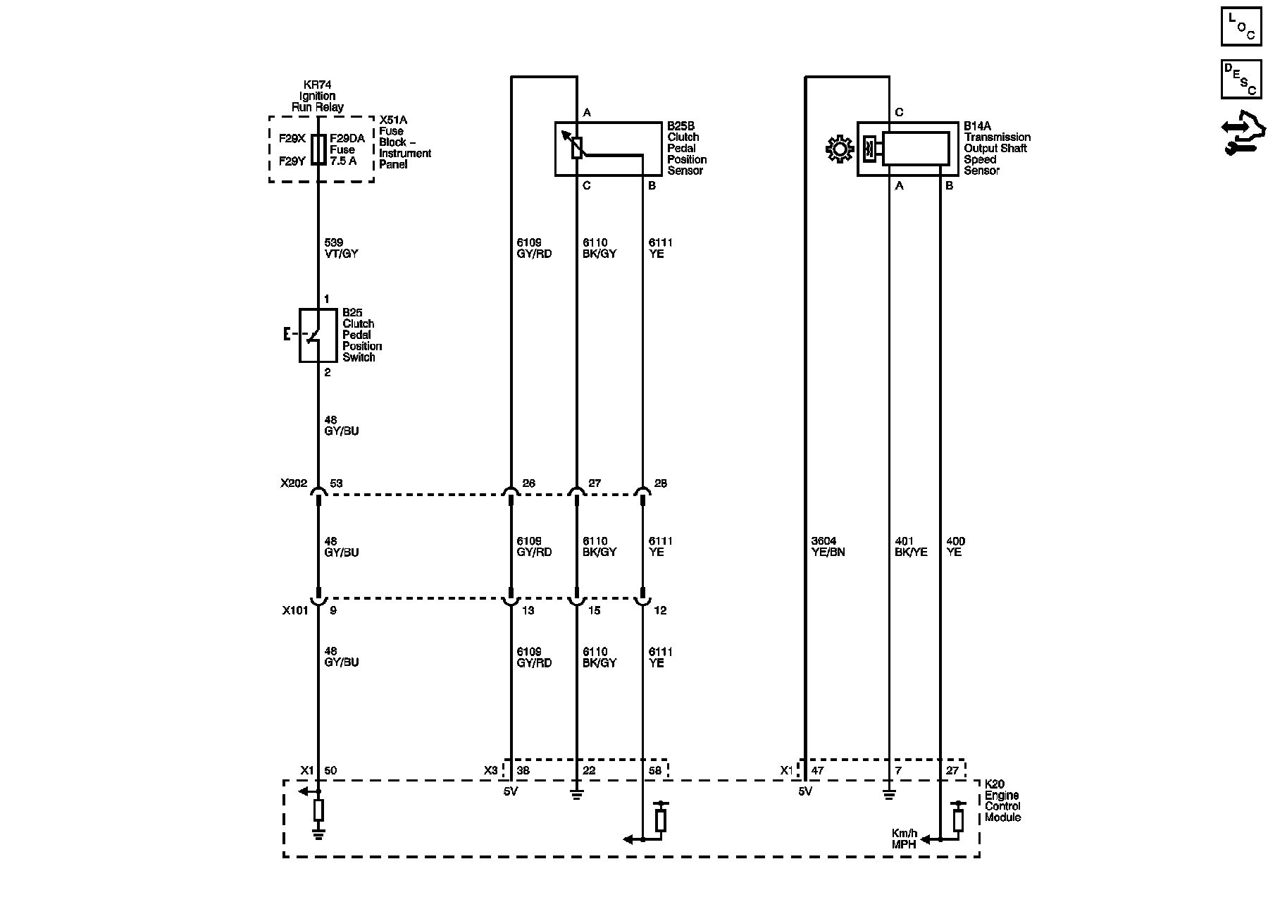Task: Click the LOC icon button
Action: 1241,26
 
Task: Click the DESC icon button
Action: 1241,79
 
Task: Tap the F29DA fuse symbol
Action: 318,149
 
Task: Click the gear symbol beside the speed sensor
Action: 838,149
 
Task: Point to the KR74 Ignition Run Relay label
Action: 318,96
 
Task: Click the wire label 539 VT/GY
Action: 342,248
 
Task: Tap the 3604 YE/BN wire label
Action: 828,547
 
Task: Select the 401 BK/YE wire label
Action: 911,547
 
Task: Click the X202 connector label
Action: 294,483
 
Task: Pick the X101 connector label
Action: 295,610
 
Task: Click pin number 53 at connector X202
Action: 337,483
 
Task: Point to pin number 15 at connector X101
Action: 595,610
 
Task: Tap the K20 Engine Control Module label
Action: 1002,801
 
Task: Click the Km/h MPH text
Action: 905,839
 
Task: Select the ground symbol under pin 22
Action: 576,795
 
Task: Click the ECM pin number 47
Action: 817,771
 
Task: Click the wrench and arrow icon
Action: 1243,132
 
